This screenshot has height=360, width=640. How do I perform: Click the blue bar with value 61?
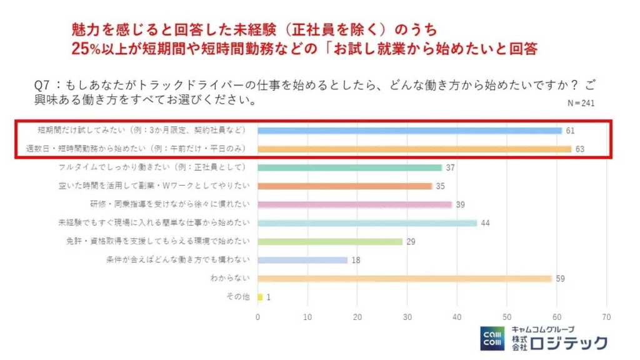(409, 131)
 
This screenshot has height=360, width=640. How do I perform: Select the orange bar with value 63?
(414, 149)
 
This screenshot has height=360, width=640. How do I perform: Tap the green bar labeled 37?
(349, 167)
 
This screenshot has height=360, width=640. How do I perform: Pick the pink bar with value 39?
(354, 204)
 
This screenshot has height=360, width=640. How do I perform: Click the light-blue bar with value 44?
(367, 222)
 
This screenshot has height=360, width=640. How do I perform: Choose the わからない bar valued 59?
(404, 278)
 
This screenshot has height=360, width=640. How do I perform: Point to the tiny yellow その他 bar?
(260, 297)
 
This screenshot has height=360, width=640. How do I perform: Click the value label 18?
(356, 260)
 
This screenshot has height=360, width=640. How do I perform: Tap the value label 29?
(411, 241)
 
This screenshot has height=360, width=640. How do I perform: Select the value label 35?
(441, 186)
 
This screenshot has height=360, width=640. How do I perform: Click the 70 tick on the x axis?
(606, 317)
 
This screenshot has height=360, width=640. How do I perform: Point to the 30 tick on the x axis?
(407, 317)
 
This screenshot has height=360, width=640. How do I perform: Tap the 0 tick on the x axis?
(257, 317)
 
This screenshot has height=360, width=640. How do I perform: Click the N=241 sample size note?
(581, 103)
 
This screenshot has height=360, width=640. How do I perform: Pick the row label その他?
(237, 297)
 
